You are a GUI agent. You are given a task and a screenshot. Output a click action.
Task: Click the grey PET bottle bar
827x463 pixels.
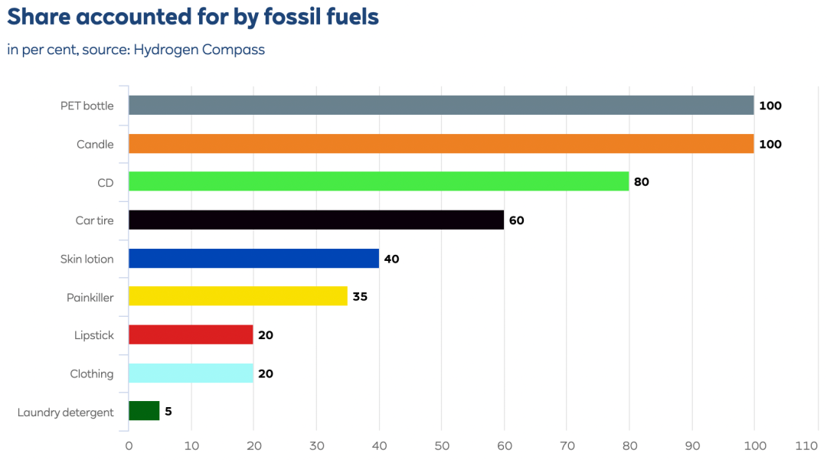click(x=441, y=106)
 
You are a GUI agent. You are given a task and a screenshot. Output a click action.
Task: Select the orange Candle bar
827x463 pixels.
click(x=441, y=144)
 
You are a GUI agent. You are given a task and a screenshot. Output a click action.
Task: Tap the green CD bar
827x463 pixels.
click(x=378, y=182)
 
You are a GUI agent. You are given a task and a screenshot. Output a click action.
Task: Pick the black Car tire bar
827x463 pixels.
click(x=316, y=220)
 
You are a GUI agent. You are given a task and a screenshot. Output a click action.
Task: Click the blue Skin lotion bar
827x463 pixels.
click(x=253, y=259)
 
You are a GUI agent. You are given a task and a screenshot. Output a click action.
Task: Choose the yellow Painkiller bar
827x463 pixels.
click(x=237, y=297)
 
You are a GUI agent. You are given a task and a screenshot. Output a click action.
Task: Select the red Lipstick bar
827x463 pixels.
click(x=191, y=335)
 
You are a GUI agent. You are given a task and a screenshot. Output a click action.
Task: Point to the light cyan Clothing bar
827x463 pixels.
click(x=191, y=373)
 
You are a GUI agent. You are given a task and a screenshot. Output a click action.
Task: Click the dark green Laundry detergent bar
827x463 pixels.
click(x=144, y=412)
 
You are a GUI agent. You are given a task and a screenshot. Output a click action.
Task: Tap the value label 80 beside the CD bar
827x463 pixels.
click(x=642, y=182)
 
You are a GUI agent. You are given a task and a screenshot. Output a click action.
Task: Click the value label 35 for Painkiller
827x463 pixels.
click(x=360, y=297)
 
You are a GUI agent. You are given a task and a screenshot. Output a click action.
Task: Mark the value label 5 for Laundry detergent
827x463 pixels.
click(x=168, y=412)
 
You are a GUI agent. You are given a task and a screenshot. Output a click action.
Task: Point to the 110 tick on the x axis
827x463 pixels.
click(x=806, y=445)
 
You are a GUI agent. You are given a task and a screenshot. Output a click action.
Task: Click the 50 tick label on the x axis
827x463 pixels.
click(x=441, y=445)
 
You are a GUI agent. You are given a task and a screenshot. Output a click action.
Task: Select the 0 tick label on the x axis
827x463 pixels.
click(x=129, y=445)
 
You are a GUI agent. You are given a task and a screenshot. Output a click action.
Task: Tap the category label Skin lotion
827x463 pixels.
click(x=87, y=259)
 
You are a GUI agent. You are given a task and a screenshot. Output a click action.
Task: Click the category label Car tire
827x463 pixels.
click(x=94, y=220)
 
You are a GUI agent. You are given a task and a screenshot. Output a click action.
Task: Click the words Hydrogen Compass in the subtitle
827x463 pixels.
click(x=199, y=50)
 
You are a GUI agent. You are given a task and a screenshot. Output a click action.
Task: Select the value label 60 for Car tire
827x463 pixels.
click(x=516, y=220)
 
